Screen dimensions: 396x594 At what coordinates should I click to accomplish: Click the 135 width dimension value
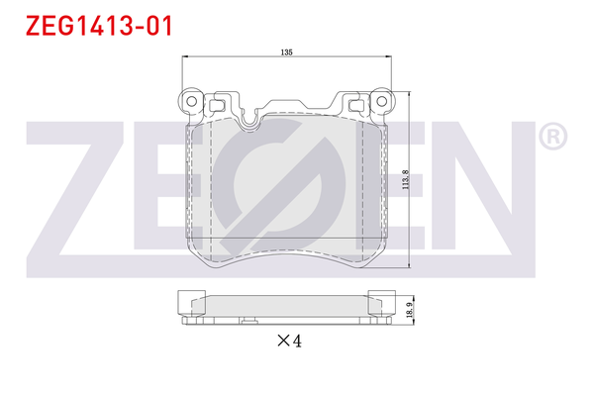click(x=286, y=51)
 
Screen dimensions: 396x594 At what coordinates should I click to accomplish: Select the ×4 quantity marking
click(x=287, y=341)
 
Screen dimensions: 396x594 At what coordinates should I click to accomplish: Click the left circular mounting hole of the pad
click(x=192, y=99)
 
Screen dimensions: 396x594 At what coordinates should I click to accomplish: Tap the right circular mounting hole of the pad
click(x=377, y=99)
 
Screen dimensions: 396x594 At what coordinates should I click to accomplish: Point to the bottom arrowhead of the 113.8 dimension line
click(x=410, y=266)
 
